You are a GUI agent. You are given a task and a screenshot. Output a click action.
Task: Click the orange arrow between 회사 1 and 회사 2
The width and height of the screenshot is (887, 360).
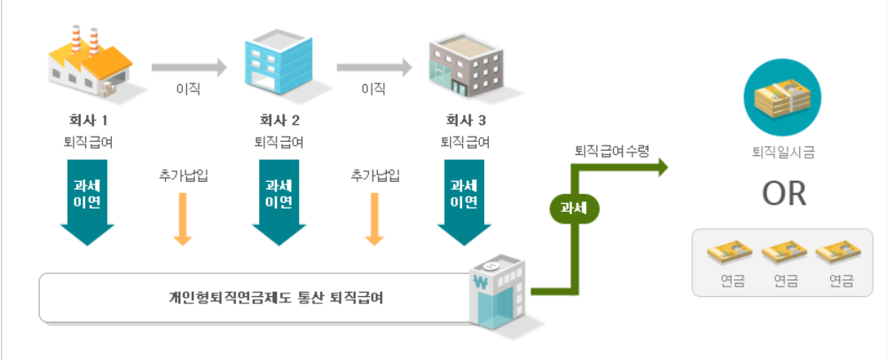[182, 217]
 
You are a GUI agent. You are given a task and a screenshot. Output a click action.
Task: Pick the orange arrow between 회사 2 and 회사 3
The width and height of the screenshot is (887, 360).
[374, 217]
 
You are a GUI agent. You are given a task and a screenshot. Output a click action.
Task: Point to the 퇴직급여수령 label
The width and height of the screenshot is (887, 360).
[612, 151]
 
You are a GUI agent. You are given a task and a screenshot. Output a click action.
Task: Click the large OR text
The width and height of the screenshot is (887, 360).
[783, 194]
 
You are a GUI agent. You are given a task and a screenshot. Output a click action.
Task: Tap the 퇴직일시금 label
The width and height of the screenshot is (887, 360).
[783, 153]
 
